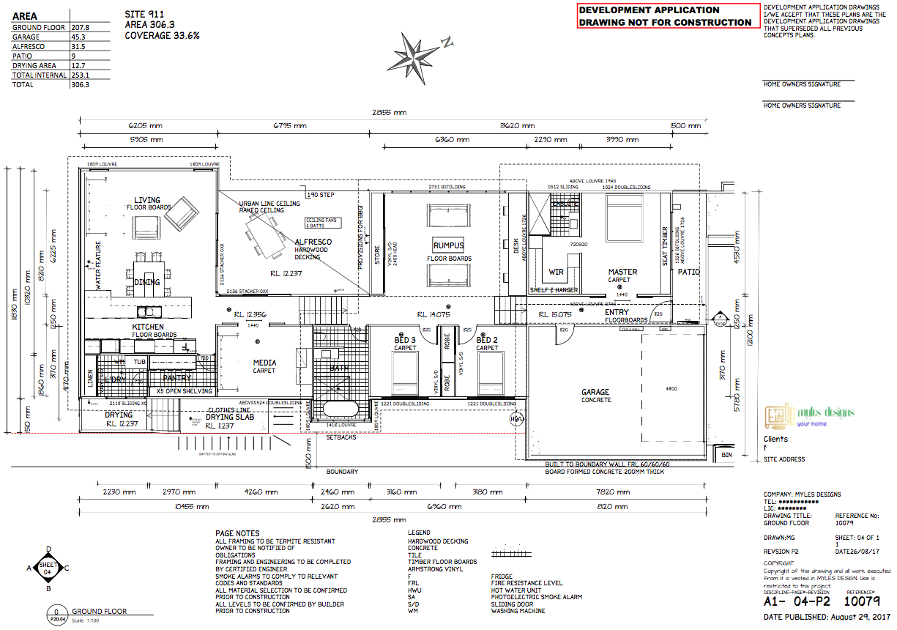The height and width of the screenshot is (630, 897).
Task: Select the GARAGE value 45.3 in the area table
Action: [x=79, y=37]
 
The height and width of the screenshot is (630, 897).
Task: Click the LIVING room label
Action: [x=147, y=200]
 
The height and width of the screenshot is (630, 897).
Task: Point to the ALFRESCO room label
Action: [x=313, y=242]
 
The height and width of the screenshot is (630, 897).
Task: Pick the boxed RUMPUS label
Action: [x=448, y=246]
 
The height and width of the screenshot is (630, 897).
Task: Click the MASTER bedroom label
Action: [x=622, y=272]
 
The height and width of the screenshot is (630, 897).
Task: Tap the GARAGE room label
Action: [x=595, y=393]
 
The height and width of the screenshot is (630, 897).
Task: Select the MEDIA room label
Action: [x=264, y=363]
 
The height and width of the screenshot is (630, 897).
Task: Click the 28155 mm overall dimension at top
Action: [x=390, y=113]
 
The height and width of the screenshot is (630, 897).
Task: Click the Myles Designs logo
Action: [x=808, y=416]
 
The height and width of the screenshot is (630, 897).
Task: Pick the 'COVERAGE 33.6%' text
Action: [x=162, y=35]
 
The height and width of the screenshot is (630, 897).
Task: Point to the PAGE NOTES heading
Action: [x=237, y=533]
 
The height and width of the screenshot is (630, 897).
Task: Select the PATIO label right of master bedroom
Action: [x=688, y=272]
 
